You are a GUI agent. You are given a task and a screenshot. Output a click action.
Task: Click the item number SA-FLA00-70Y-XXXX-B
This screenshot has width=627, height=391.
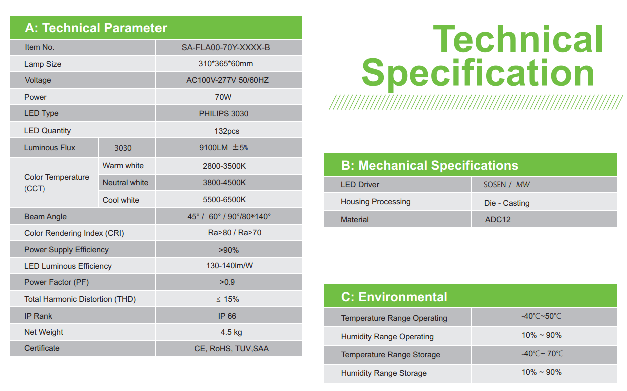[x=226, y=47]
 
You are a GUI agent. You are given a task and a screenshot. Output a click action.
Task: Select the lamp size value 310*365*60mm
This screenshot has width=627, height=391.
[x=226, y=64]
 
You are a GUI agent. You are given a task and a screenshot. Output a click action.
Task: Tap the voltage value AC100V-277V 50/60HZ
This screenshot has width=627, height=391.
[x=227, y=80]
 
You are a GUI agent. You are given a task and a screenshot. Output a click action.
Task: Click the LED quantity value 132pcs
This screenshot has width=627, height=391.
[x=227, y=131]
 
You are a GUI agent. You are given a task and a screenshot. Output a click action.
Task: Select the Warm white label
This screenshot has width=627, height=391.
[x=123, y=166]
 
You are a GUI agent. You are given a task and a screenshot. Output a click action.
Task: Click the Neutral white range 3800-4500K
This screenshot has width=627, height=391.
[x=224, y=183]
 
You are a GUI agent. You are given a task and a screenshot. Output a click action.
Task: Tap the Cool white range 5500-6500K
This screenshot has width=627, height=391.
[x=224, y=200]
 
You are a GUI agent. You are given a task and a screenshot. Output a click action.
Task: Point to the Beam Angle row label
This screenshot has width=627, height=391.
[x=45, y=217]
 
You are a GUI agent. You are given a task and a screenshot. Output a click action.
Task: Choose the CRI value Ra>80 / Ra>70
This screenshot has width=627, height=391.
[x=235, y=233]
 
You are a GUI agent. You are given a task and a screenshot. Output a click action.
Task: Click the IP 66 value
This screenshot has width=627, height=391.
[x=227, y=316]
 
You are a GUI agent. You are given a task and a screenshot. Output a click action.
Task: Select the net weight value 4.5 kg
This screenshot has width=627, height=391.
[x=231, y=332]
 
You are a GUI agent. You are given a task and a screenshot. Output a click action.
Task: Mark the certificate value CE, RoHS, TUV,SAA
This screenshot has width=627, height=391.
[x=231, y=349]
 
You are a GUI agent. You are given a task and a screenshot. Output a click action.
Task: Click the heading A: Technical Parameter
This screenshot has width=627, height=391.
[x=96, y=28]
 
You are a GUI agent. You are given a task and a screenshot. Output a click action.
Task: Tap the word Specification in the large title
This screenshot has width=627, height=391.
[x=478, y=74]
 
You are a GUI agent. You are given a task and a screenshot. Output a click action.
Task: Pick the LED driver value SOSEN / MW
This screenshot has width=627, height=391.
[x=507, y=185]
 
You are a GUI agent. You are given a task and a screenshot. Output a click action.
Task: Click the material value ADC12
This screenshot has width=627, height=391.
[x=498, y=219]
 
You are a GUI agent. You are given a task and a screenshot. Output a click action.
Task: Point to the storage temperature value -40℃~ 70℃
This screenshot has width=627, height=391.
[x=542, y=354]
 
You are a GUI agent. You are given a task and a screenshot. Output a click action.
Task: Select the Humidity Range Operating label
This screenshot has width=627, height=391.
[x=387, y=337]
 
